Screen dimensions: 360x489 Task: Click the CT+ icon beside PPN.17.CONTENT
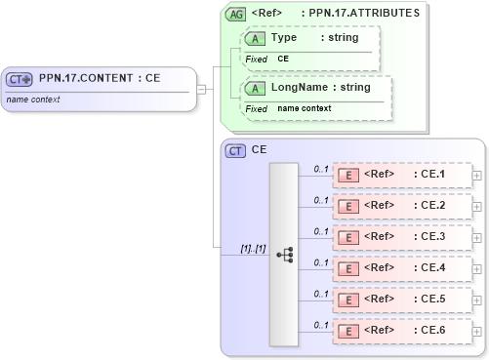[x=20, y=79]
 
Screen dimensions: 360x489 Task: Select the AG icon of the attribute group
[x=235, y=14]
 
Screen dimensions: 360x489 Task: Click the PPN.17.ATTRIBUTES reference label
[x=360, y=14]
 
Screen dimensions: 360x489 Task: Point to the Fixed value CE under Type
[x=283, y=59]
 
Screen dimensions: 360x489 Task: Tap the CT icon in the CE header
[x=235, y=150]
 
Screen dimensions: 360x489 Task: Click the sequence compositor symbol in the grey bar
[x=284, y=254]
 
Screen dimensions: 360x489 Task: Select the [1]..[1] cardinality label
[x=253, y=248]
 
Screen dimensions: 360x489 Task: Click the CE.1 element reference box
[x=400, y=175]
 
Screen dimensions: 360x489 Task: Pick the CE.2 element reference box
[x=400, y=205]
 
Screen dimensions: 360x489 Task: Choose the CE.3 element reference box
[x=400, y=235]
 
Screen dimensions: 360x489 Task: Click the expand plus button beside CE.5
[x=476, y=299]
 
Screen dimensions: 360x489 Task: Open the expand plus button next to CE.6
[x=476, y=329]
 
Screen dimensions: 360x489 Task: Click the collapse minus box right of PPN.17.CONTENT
[x=200, y=89]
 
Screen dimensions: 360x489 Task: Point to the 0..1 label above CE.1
[x=320, y=168]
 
